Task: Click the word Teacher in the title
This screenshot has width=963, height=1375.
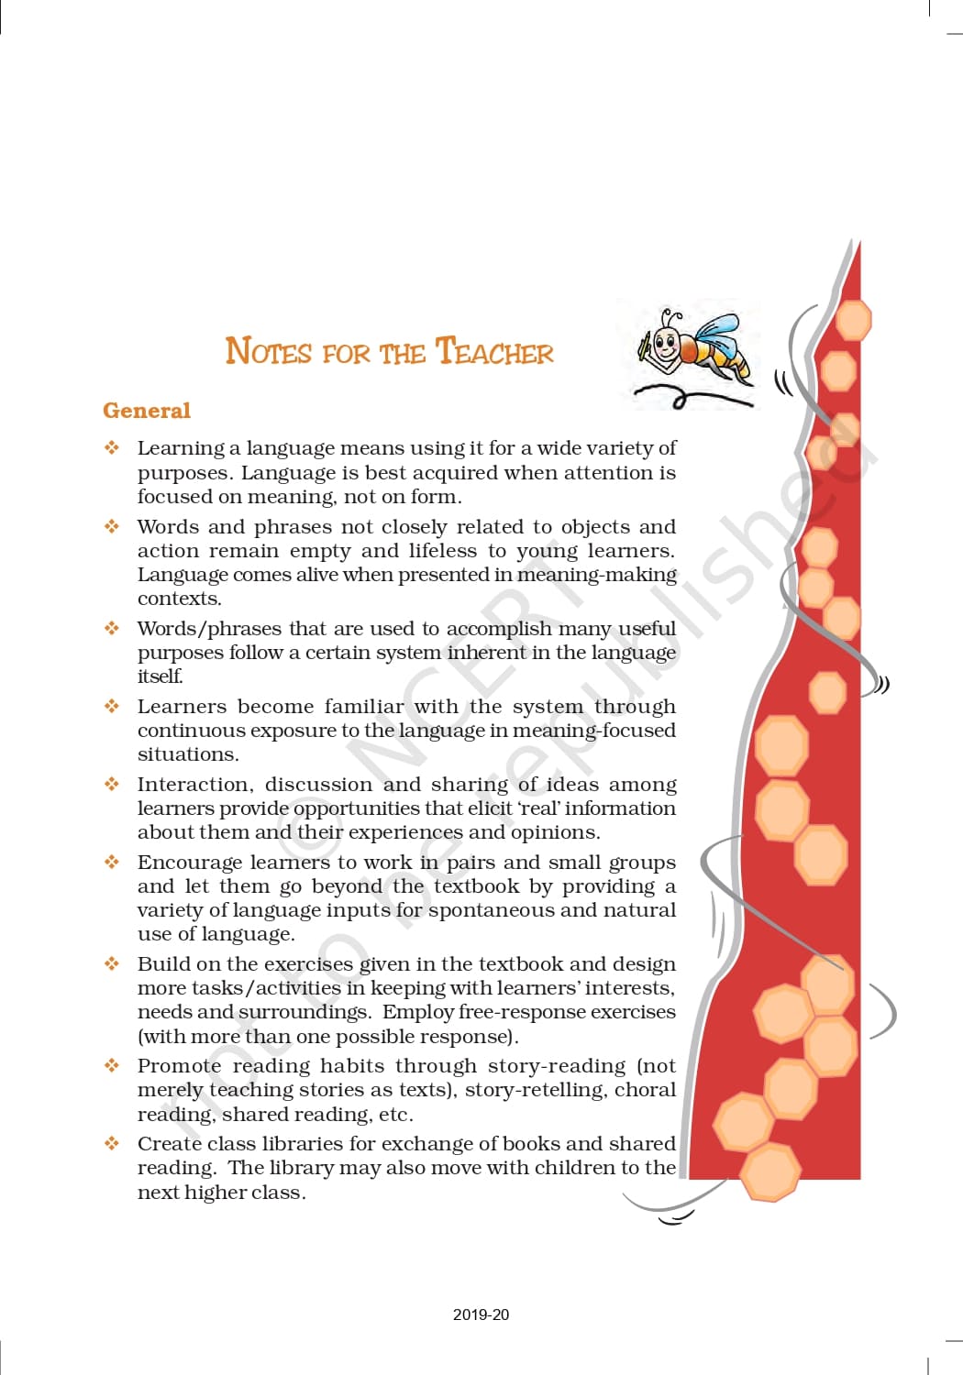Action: (x=494, y=352)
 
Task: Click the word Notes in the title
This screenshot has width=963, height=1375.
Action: (x=268, y=352)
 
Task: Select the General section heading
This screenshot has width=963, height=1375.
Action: (x=147, y=411)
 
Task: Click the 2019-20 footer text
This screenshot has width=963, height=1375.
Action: (x=481, y=1314)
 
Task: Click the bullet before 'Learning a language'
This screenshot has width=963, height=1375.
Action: (x=112, y=448)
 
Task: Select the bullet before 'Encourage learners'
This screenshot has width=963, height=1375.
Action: (x=112, y=863)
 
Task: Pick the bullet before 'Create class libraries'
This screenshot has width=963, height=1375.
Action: (x=112, y=1144)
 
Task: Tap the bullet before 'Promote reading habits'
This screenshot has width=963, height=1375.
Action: (x=112, y=1066)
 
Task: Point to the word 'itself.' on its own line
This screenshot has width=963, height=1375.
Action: (x=160, y=676)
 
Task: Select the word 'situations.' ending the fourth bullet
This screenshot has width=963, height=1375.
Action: (x=188, y=754)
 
